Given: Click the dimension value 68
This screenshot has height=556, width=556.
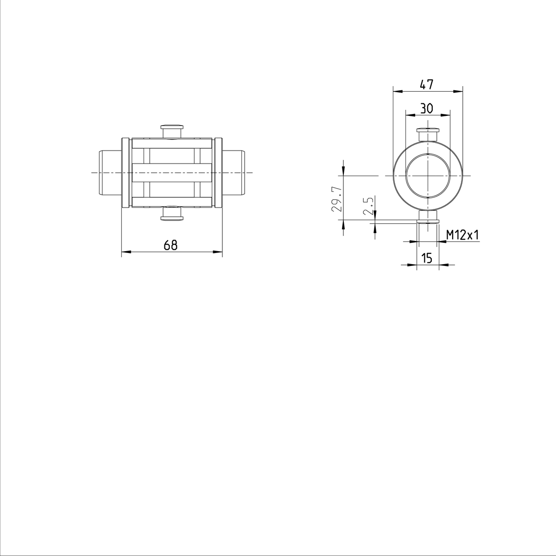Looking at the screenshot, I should pos(171,245).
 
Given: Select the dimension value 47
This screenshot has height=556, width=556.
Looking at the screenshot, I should pos(427,84).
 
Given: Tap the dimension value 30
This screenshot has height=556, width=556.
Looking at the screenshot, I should pos(427,108).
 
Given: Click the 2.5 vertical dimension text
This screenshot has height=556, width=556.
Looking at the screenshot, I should pos(368,206).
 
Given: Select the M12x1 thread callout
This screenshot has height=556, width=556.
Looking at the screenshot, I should pos(462,235).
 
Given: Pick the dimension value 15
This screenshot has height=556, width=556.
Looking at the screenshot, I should pos(427,258).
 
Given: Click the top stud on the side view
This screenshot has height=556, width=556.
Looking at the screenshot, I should pos(172,131).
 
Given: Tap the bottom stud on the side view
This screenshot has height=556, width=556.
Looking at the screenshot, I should pos(172,214).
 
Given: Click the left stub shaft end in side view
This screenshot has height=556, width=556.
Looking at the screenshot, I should pos(111,172).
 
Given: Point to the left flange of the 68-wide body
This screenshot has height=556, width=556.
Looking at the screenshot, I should pos(125,172).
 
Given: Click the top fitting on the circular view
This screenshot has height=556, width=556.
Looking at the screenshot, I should pos(427,134).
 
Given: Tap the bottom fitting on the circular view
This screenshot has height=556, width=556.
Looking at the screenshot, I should pos(427,217).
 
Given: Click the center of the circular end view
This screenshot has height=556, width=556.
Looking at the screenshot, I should pos(427,176).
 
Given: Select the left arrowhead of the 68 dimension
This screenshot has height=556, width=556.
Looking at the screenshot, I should pos(125,252).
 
